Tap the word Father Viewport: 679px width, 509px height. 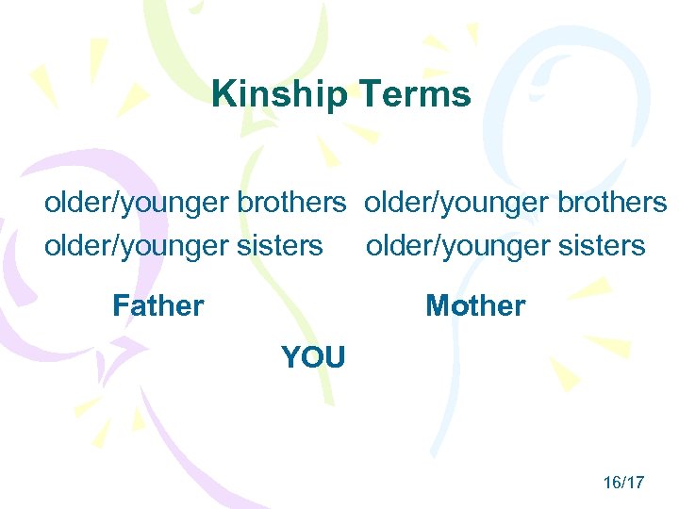coord(157,305)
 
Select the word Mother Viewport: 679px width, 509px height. coord(475,305)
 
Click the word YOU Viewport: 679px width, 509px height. coord(313,357)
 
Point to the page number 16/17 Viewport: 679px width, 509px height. coord(623,483)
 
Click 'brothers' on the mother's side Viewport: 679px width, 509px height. coord(613,203)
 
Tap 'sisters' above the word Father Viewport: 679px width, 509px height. coord(280,246)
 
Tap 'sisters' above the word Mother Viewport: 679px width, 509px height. coord(602,246)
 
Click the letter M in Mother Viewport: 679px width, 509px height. coord(439,305)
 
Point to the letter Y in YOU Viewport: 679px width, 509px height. coord(290,357)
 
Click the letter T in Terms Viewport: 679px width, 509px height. coord(371,94)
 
